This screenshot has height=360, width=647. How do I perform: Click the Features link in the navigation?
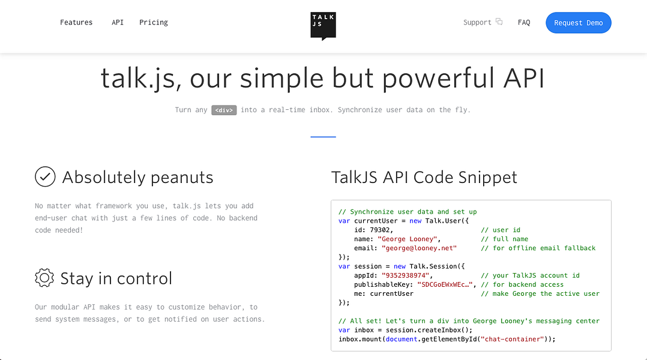pyautogui.click(x=76, y=23)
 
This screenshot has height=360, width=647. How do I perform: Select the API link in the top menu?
pyautogui.click(x=118, y=23)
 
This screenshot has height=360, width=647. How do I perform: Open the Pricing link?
pyautogui.click(x=154, y=23)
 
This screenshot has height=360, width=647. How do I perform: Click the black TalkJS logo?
pyautogui.click(x=323, y=26)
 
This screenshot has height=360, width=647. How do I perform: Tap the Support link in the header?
pyautogui.click(x=478, y=23)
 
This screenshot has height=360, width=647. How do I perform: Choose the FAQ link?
pyautogui.click(x=524, y=23)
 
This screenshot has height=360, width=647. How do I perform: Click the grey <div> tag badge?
pyautogui.click(x=224, y=110)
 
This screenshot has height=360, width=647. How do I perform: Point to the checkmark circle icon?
pyautogui.click(x=45, y=177)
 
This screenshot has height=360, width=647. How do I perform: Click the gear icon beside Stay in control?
pyautogui.click(x=44, y=278)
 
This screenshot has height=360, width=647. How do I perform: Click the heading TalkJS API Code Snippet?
pyautogui.click(x=424, y=178)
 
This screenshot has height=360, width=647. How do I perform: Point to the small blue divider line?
pyautogui.click(x=323, y=137)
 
